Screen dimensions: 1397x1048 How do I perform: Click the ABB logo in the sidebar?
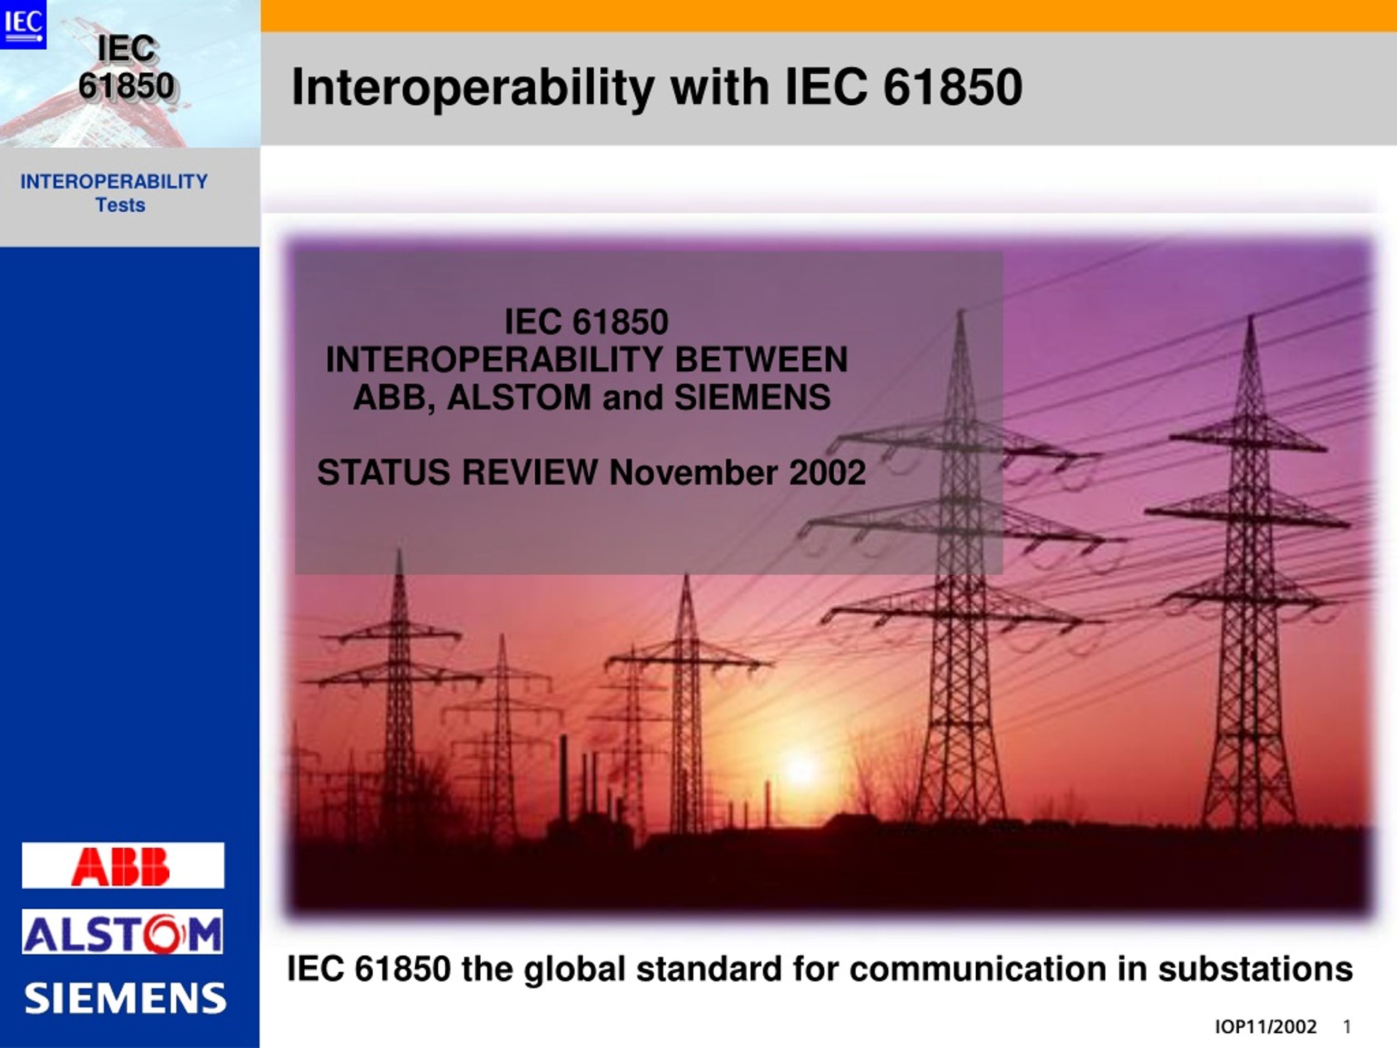pyautogui.click(x=123, y=866)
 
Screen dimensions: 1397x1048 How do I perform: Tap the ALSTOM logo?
pyautogui.click(x=123, y=932)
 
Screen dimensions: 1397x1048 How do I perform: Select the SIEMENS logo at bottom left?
pyautogui.click(x=125, y=998)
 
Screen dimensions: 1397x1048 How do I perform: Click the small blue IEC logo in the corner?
pyautogui.click(x=23, y=24)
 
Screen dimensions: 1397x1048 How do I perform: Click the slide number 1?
pyautogui.click(x=1347, y=1027)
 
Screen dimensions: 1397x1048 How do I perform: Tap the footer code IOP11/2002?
pyautogui.click(x=1265, y=1027)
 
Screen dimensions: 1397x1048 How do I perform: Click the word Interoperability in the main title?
pyautogui.click(x=473, y=88)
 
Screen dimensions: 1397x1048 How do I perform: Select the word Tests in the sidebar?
pyautogui.click(x=120, y=205)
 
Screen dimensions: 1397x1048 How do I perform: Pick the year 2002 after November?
pyautogui.click(x=827, y=473)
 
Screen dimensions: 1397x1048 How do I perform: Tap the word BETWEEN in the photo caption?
pyautogui.click(x=761, y=360)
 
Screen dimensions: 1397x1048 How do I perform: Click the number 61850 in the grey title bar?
pyautogui.click(x=952, y=87)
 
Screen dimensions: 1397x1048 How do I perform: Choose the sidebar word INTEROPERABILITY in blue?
pyautogui.click(x=114, y=182)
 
